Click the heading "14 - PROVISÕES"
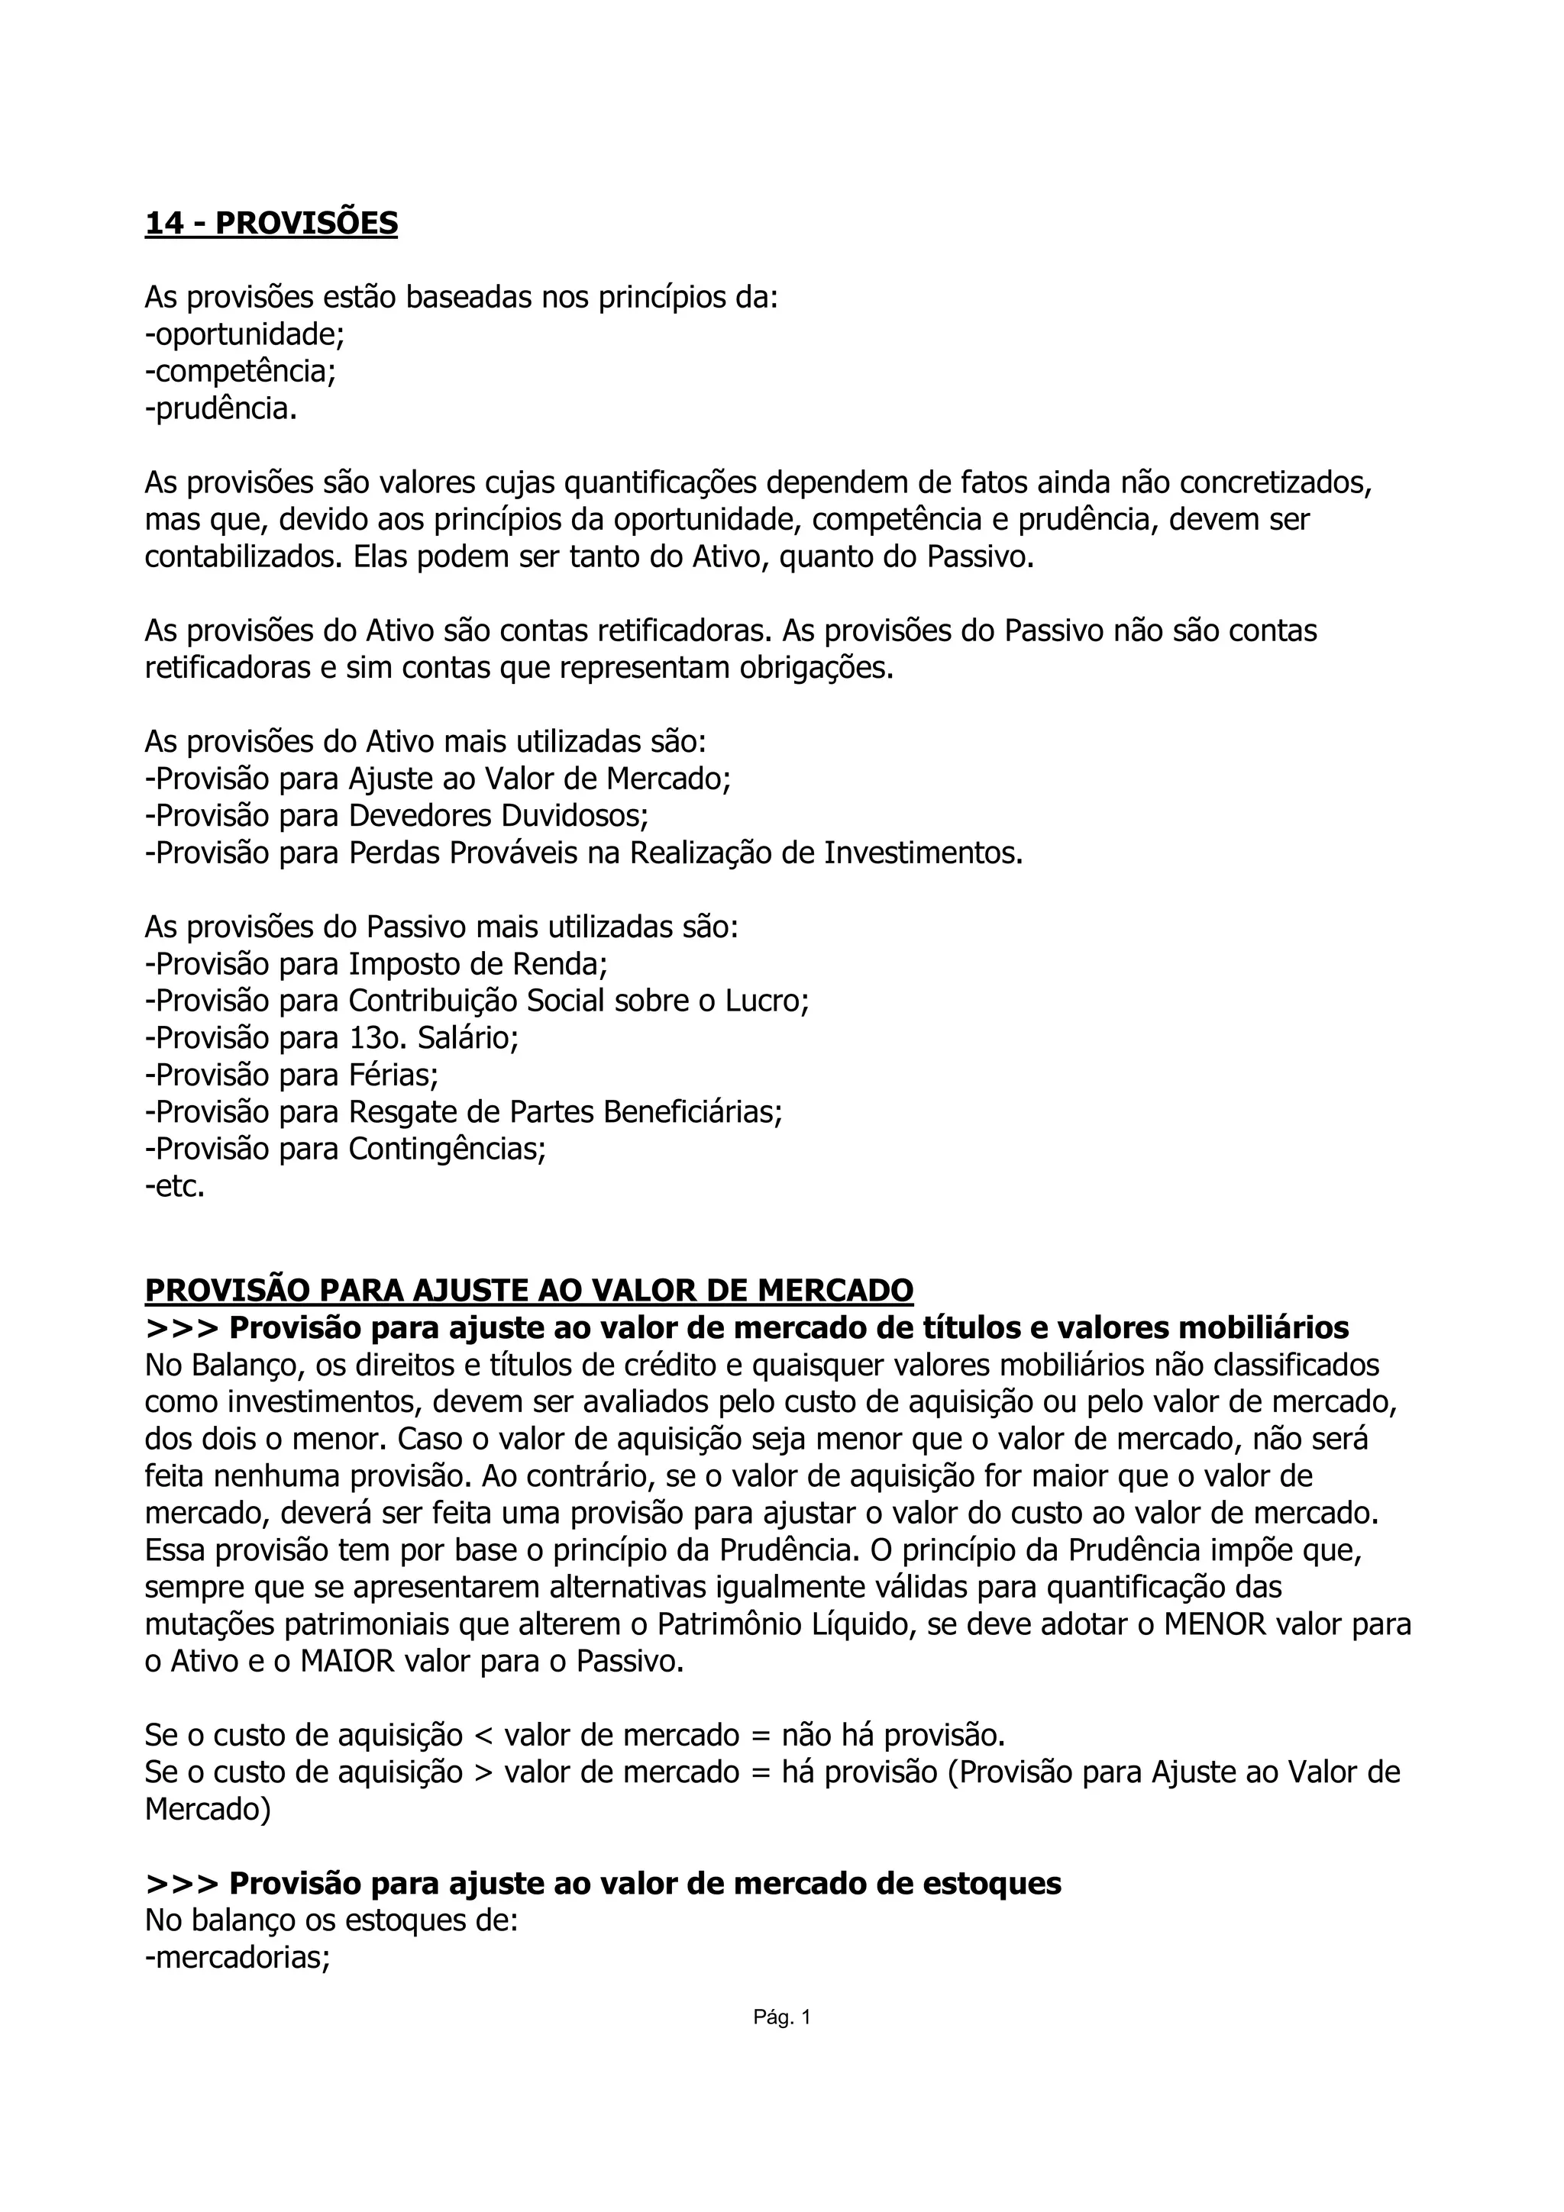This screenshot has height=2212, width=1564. tap(271, 224)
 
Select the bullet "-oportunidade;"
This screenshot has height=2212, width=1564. tap(245, 334)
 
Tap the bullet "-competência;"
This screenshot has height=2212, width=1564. tap(240, 371)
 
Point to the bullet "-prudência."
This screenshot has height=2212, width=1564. tap(221, 408)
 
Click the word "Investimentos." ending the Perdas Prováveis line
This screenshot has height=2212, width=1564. tap(923, 853)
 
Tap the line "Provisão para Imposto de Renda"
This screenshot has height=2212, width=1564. tap(376, 963)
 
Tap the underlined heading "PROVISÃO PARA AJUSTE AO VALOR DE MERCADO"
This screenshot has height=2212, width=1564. tap(529, 1289)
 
